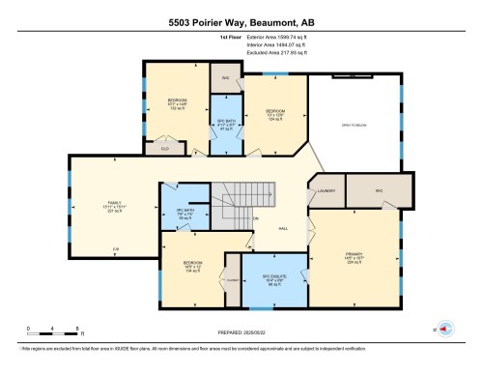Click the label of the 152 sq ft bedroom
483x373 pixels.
(x=177, y=104)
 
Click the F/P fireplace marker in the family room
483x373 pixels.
(x=115, y=249)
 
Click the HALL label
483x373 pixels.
(x=283, y=230)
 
